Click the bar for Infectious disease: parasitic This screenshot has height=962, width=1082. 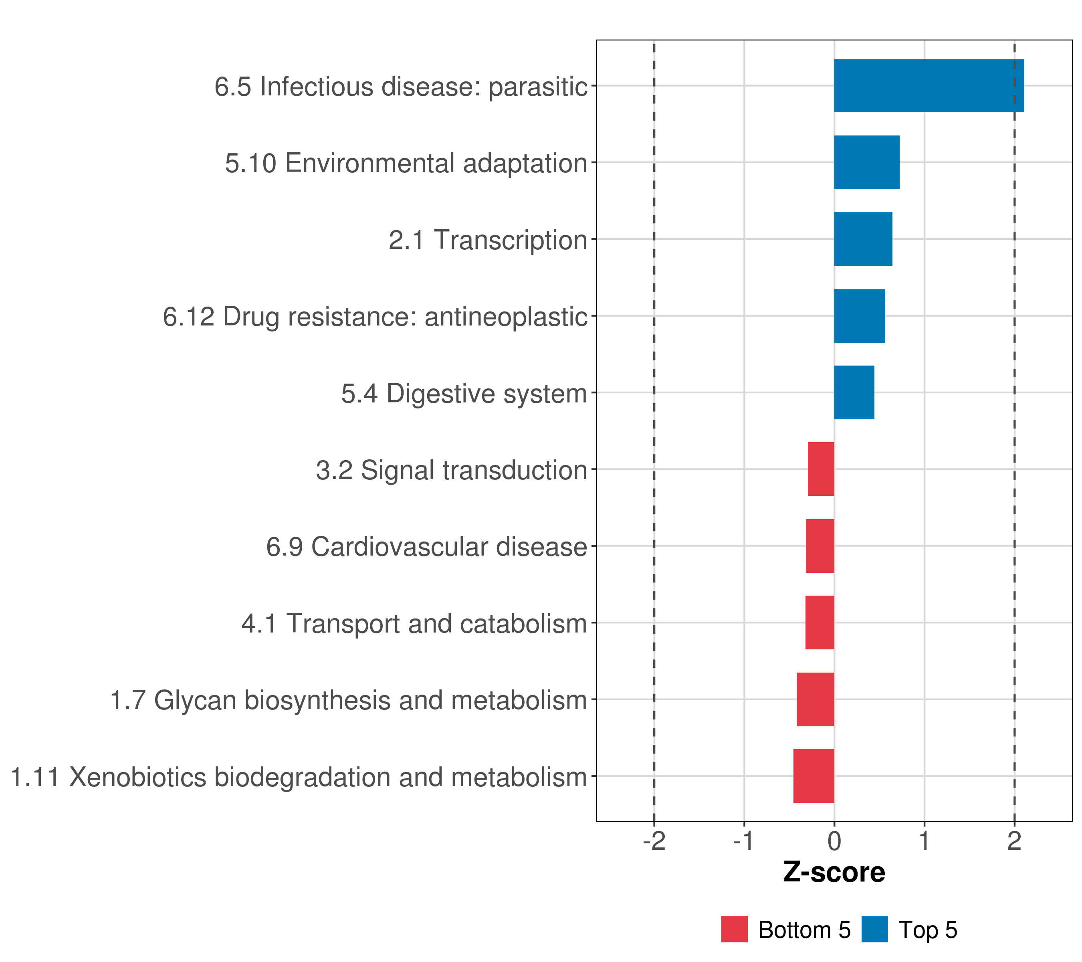coord(929,85)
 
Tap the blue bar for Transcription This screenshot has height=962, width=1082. coord(863,239)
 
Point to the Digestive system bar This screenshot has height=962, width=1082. coord(854,392)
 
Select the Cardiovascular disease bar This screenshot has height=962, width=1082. coord(820,546)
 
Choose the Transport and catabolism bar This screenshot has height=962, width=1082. coord(820,622)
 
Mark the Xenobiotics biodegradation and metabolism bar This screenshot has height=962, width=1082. coord(814,776)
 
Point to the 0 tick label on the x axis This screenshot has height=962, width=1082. coord(834,841)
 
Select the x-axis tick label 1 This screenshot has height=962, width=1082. coord(924,841)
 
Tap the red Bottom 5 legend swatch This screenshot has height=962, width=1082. coord(734,930)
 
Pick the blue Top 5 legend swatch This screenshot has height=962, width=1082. coord(874,930)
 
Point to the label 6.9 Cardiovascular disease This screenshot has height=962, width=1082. coord(427,547)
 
